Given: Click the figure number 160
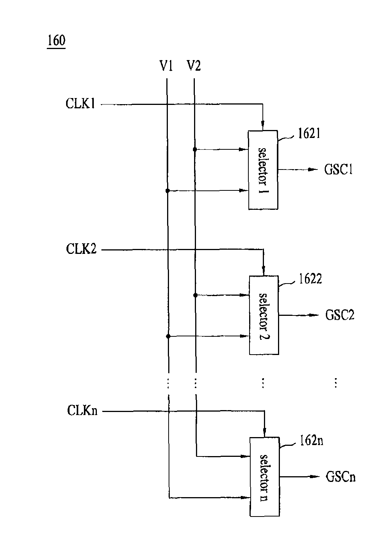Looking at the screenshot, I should point(56,41).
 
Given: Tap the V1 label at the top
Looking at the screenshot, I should point(166,66).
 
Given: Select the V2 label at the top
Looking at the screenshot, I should point(194,66).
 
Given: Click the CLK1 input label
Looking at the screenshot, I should point(80,104).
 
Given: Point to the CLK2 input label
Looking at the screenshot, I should point(81,249).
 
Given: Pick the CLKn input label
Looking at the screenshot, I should point(82,410).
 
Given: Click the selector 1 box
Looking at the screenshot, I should point(263,170).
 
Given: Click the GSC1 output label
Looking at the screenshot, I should point(338,170).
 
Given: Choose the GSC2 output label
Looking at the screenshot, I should point(340,315).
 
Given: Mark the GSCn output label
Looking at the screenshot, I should point(341,477).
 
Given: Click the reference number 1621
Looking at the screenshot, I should point(309,133).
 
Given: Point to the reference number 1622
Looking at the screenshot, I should point(310,279).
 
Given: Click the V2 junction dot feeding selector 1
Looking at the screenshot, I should point(195,150).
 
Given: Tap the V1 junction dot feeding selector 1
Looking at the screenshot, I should point(167,191).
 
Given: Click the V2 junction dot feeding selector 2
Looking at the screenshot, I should point(195,295).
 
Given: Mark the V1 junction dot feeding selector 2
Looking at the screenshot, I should point(167,336).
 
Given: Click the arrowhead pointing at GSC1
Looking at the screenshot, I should point(313,170).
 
